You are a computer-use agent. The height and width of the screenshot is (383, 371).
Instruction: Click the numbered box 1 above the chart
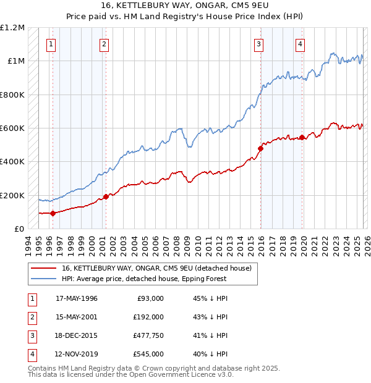[x=50, y=44]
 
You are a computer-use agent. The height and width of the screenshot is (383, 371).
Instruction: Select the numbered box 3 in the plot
[x=258, y=44]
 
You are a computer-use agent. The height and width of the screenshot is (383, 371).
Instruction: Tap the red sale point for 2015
[x=261, y=148]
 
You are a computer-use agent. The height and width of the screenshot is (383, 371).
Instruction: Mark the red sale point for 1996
[x=53, y=213]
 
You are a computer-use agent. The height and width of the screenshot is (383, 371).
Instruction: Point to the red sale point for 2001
[x=106, y=196]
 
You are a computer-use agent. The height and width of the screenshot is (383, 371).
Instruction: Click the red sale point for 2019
[x=302, y=137]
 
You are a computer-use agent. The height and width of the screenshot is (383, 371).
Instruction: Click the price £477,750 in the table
[x=148, y=335]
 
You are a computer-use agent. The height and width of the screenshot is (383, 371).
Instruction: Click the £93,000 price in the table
[x=150, y=298]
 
